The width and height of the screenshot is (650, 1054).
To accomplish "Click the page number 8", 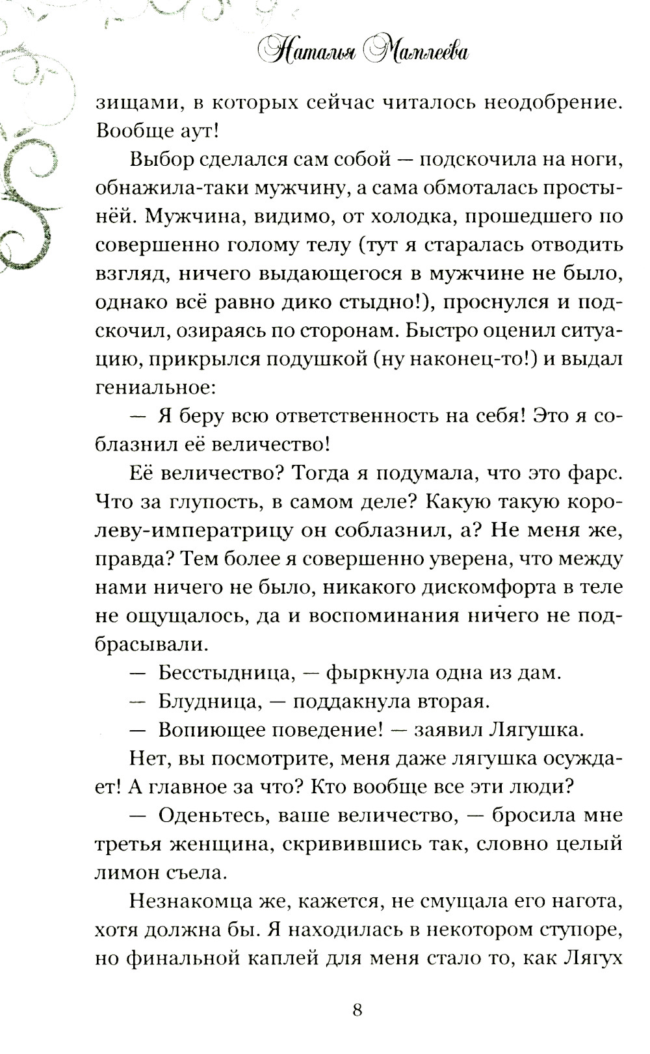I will point(356,1010).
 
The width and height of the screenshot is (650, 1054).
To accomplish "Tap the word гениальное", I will point(153,388).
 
